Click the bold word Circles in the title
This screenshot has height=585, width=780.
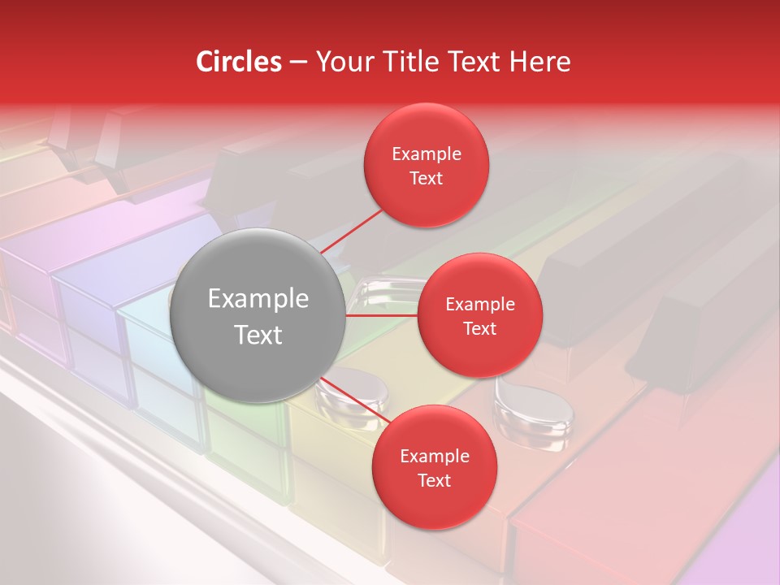pyautogui.click(x=239, y=62)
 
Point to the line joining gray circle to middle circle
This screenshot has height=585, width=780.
pyautogui.click(x=382, y=315)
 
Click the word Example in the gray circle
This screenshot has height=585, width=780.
pyautogui.click(x=258, y=299)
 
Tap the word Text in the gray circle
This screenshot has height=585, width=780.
pyautogui.click(x=258, y=335)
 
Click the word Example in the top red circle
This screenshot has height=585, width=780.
pyautogui.click(x=427, y=154)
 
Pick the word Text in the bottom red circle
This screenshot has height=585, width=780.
pyautogui.click(x=434, y=480)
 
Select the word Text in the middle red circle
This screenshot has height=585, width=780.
pyautogui.click(x=479, y=328)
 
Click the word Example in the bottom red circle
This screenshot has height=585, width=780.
pyautogui.click(x=434, y=457)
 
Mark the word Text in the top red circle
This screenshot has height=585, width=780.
pyautogui.click(x=427, y=178)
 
